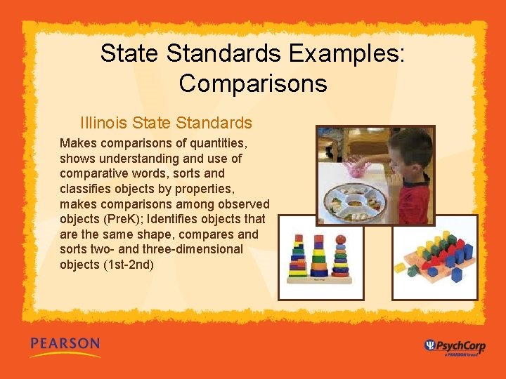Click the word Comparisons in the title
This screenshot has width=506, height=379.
coord(253,84)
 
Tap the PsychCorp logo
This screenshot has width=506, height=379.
coord(455,345)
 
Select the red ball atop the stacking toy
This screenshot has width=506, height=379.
coord(341,239)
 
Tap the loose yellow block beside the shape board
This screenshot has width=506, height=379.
coord(400,267)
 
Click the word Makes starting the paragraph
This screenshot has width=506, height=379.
coord(77,143)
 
